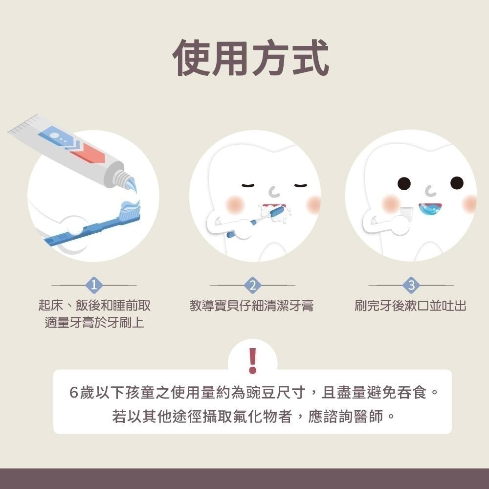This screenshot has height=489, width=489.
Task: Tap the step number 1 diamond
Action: pyautogui.click(x=94, y=285)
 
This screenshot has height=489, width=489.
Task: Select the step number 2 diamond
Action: pyautogui.click(x=252, y=285)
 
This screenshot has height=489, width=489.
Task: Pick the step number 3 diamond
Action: pyautogui.click(x=411, y=285)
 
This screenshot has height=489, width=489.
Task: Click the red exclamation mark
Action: pyautogui.click(x=252, y=361)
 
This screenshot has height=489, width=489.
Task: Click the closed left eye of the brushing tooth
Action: pyautogui.click(x=249, y=185)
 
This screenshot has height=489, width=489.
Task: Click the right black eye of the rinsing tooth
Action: pyautogui.click(x=456, y=183)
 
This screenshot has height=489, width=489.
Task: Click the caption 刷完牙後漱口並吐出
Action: pyautogui.click(x=410, y=307)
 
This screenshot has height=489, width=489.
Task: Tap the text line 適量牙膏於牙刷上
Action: pyautogui.click(x=94, y=323)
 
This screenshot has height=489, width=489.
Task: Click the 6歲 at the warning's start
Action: pyautogui.click(x=80, y=393)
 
